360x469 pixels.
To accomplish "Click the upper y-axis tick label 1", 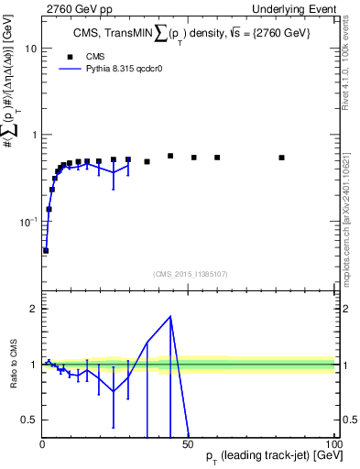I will [x=32, y=136].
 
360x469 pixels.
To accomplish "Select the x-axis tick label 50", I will [x=188, y=444].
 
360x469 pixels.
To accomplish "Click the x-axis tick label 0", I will [x=42, y=444].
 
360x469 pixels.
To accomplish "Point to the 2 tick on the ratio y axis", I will [x=32, y=309].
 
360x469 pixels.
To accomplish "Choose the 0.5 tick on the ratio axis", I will [x=27, y=420].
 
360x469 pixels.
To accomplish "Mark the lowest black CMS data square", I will [x=46, y=250].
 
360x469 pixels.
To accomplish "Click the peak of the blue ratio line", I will [x=170, y=317].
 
